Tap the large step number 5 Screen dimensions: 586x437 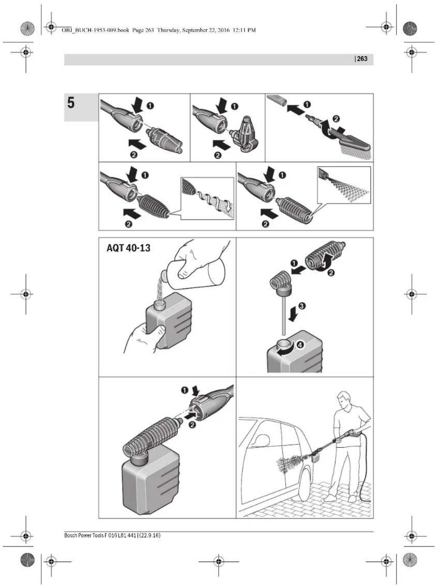[x=71, y=103]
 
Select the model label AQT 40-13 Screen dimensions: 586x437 [x=128, y=248]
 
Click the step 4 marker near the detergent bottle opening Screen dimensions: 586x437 [x=300, y=345]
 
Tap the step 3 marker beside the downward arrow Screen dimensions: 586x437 [x=302, y=306]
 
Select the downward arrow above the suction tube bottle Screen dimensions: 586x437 [x=294, y=313]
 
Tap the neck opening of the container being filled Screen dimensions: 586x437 [x=158, y=304]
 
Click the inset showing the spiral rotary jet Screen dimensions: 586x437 [x=207, y=198]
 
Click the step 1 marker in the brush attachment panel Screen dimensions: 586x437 [x=307, y=104]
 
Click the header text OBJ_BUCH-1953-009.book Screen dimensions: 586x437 [x=95, y=30]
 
